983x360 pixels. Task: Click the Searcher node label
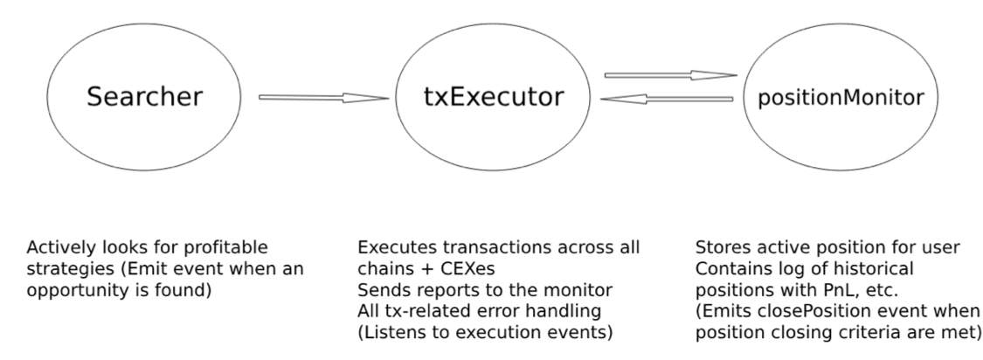pos(144,97)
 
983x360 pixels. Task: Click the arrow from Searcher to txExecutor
pos(323,98)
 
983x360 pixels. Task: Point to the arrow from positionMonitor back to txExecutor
pos(668,99)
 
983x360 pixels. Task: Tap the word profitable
pos(225,247)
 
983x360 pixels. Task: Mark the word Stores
pos(719,247)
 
